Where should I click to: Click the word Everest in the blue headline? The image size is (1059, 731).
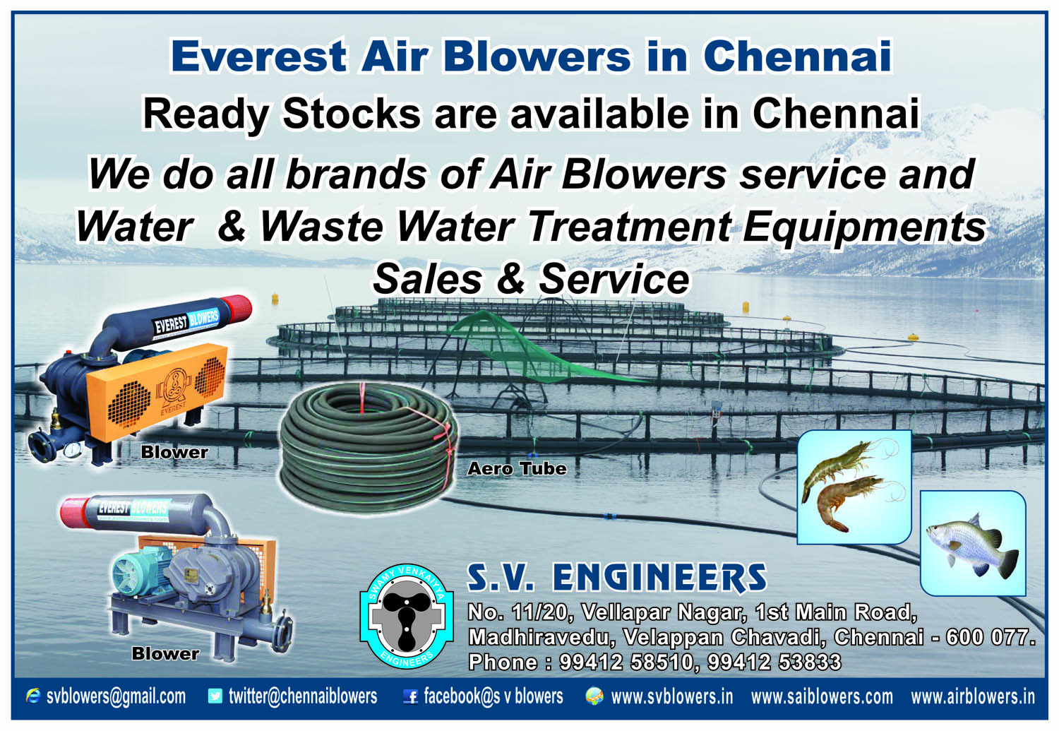click(x=259, y=57)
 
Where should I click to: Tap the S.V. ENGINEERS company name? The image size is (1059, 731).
click(x=617, y=577)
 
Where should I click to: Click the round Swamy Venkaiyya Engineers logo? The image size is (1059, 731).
click(x=407, y=616)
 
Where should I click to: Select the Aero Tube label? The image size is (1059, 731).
click(x=517, y=468)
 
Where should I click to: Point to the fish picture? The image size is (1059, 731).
click(x=973, y=543)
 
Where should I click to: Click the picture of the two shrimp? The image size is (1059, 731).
click(x=854, y=487)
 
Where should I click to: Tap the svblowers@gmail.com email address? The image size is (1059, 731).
click(x=116, y=696)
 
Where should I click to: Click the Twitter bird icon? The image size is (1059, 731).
click(x=215, y=696)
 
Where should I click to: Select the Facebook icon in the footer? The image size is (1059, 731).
click(x=410, y=696)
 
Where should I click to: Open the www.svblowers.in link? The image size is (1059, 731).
click(x=672, y=697)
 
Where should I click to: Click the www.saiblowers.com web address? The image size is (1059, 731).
click(x=822, y=697)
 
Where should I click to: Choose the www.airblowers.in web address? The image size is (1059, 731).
click(x=973, y=697)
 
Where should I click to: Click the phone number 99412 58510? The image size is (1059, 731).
click(x=626, y=662)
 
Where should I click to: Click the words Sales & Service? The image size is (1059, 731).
click(x=531, y=279)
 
